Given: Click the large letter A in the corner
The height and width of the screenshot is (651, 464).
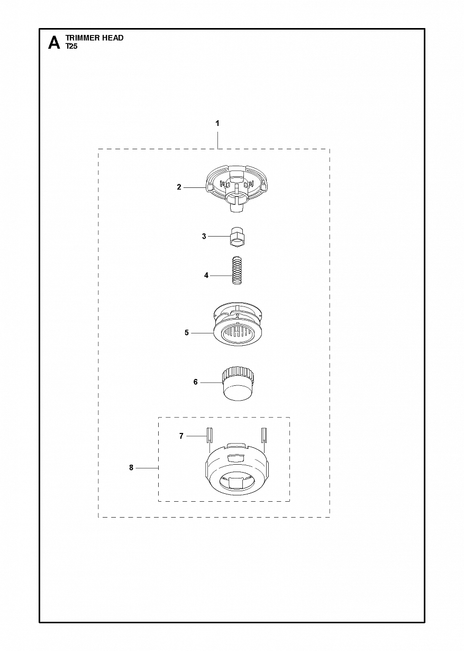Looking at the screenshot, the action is pyautogui.click(x=54, y=43).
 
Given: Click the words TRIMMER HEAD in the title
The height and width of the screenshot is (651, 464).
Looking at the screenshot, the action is pyautogui.click(x=94, y=38).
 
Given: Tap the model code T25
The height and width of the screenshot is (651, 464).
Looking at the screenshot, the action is pyautogui.click(x=71, y=46).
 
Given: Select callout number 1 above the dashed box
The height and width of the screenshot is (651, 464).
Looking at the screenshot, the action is pyautogui.click(x=217, y=123).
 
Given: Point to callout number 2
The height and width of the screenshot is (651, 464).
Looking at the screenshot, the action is pyautogui.click(x=179, y=187).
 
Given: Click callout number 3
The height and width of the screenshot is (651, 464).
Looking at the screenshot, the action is pyautogui.click(x=204, y=236).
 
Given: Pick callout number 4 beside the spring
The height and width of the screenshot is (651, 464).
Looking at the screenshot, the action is pyautogui.click(x=206, y=275).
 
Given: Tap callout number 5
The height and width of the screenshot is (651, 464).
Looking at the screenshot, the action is pyautogui.click(x=187, y=332).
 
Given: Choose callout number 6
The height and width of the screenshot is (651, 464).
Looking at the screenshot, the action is pyautogui.click(x=195, y=382).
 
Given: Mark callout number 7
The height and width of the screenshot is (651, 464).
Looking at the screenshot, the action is pyautogui.click(x=181, y=444).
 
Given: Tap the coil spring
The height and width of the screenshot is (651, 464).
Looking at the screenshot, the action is pyautogui.click(x=238, y=271).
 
